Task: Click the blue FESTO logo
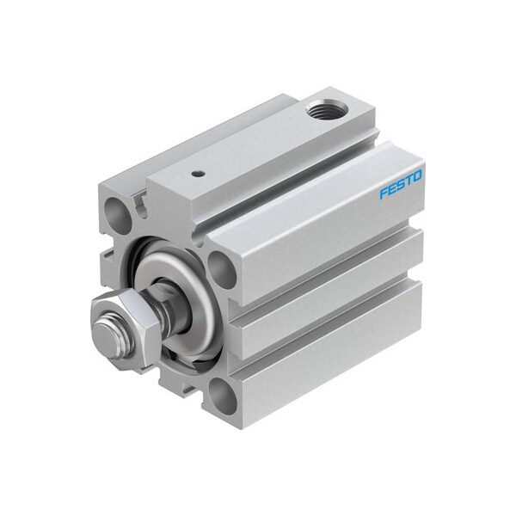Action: [401, 185]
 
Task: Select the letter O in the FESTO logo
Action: [417, 176]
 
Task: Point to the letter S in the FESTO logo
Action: [401, 185]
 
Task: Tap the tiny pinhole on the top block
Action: [197, 173]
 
